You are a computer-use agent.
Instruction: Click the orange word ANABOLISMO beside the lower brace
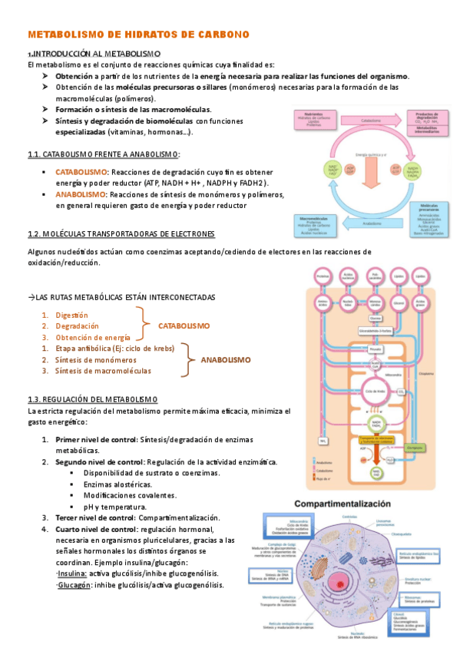pos(226,359)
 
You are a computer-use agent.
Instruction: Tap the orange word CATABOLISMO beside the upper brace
pos(184,326)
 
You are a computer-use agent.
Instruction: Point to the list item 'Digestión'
pos(71,315)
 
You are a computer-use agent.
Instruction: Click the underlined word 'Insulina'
pos(71,573)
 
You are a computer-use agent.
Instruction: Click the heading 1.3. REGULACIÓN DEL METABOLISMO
pos(92,399)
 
